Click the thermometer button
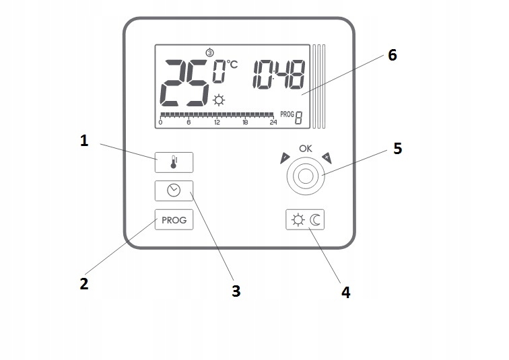(x=174, y=162)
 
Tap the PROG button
(x=174, y=220)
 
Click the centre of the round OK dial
(x=306, y=177)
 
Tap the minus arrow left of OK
(x=284, y=159)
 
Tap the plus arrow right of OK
(x=327, y=157)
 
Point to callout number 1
(x=84, y=141)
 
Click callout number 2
(x=83, y=283)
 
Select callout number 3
(x=235, y=291)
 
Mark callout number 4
(x=345, y=292)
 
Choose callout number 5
(x=397, y=148)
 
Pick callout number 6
(x=392, y=55)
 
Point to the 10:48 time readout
(x=278, y=74)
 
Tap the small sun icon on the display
(x=219, y=101)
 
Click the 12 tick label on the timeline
(x=217, y=122)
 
